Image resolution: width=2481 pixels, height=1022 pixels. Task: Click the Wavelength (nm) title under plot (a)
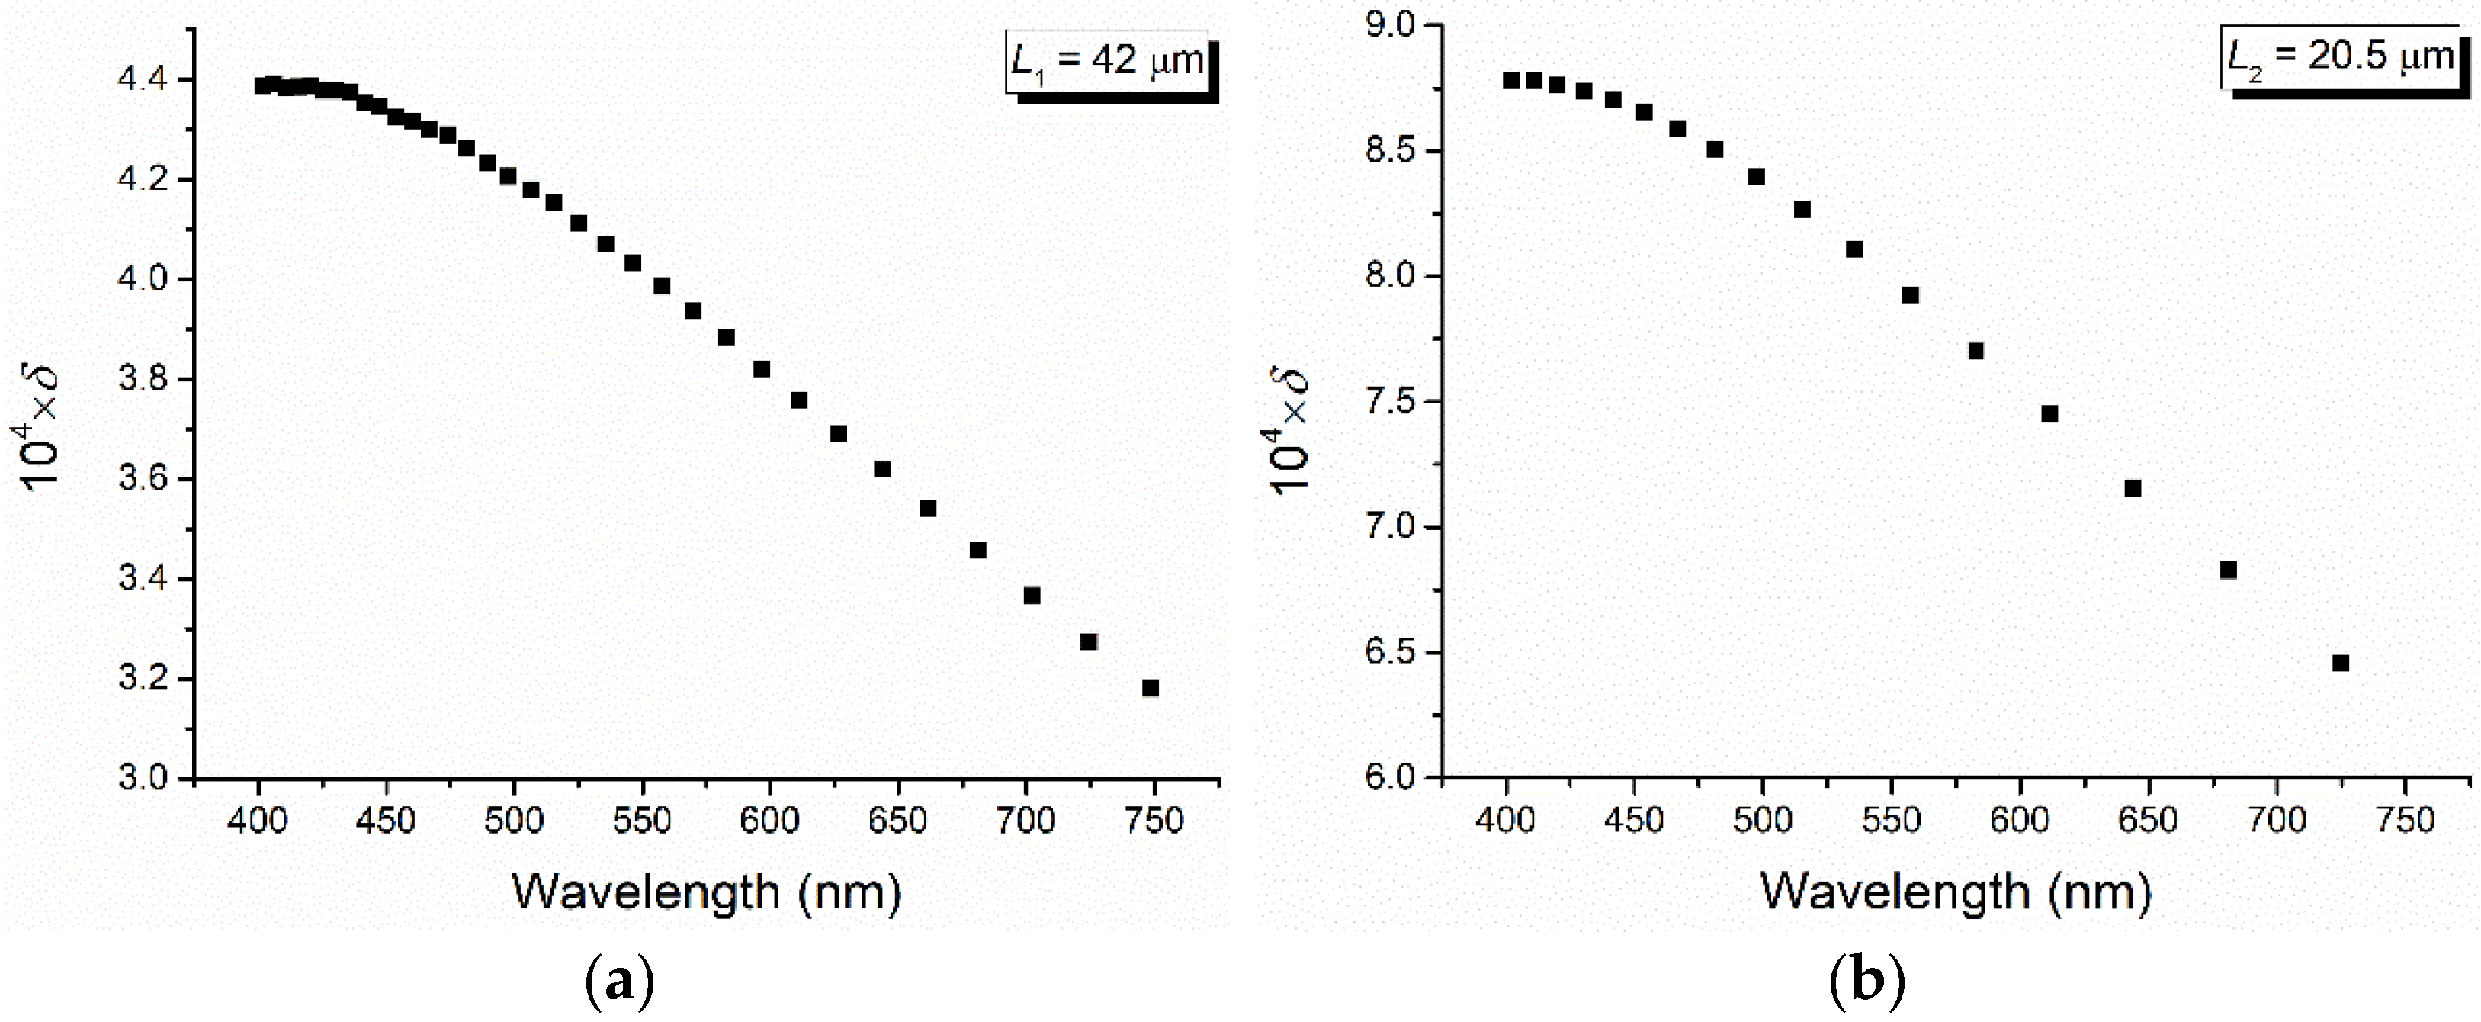point(706,892)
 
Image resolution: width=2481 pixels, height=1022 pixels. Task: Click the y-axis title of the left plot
point(43,428)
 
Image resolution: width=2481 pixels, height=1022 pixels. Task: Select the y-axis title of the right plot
point(1291,429)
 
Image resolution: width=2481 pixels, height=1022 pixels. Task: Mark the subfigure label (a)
point(619,982)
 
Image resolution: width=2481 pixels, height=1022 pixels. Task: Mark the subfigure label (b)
point(1866,982)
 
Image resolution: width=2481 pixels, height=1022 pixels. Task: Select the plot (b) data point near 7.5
point(2049,413)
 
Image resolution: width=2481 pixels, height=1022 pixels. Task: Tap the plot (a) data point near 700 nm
point(1032,596)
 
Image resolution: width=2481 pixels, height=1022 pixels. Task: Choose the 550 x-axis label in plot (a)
point(641,821)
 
